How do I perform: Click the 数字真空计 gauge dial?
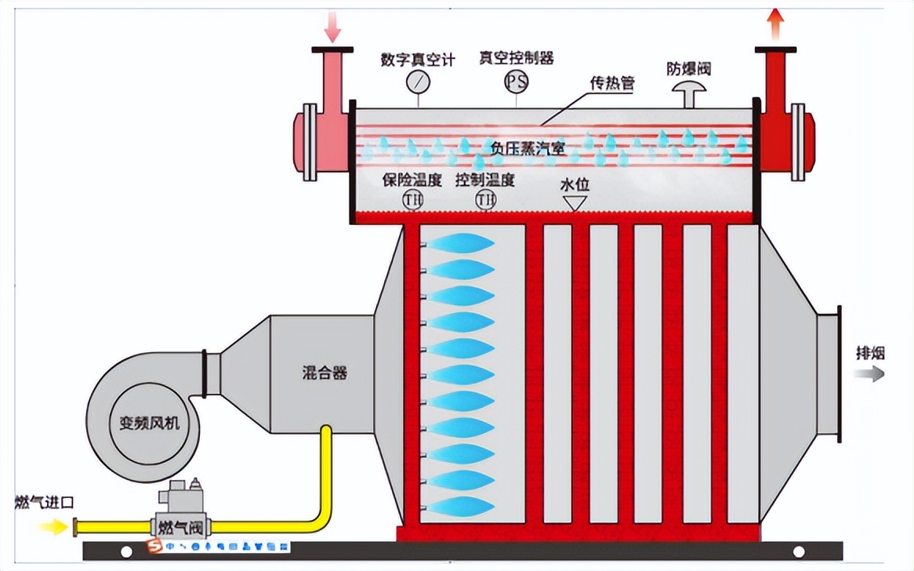tap(419, 81)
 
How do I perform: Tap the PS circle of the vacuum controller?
tap(516, 81)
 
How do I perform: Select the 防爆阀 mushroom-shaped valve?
tap(688, 92)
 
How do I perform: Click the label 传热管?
tap(612, 83)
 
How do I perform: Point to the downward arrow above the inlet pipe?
tap(334, 27)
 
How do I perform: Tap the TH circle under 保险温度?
tap(413, 200)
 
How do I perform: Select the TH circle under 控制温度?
tap(485, 200)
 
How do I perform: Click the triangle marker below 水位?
tap(575, 202)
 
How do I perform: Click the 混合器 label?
tap(325, 373)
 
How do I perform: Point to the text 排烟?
tap(869, 353)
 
